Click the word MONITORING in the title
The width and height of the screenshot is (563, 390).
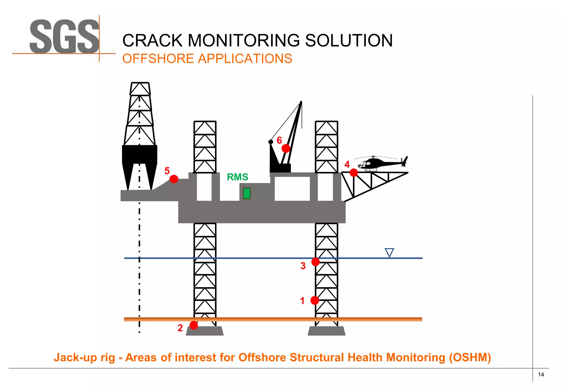click(x=244, y=41)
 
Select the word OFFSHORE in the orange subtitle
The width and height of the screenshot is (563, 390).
click(x=158, y=59)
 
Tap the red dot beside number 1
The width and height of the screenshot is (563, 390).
click(x=315, y=300)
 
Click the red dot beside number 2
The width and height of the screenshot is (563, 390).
click(x=194, y=325)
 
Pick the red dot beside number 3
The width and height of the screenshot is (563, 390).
click(x=315, y=262)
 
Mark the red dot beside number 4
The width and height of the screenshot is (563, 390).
click(x=354, y=173)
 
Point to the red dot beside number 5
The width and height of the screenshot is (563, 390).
click(x=174, y=179)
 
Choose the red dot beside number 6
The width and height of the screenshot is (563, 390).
click(x=286, y=149)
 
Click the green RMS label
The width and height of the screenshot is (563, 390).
click(x=238, y=177)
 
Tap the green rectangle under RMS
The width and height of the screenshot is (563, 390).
click(x=247, y=193)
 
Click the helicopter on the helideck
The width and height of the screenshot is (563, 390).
click(x=382, y=163)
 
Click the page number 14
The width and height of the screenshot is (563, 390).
click(x=541, y=375)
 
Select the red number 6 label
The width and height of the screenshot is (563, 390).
click(x=279, y=141)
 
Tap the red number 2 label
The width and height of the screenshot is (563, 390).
click(x=180, y=328)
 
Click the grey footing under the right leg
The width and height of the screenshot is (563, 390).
click(x=326, y=331)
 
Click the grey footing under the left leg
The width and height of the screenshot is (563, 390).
click(x=205, y=331)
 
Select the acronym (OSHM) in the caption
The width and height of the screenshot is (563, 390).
click(x=470, y=357)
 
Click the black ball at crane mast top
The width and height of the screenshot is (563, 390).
click(x=271, y=142)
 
